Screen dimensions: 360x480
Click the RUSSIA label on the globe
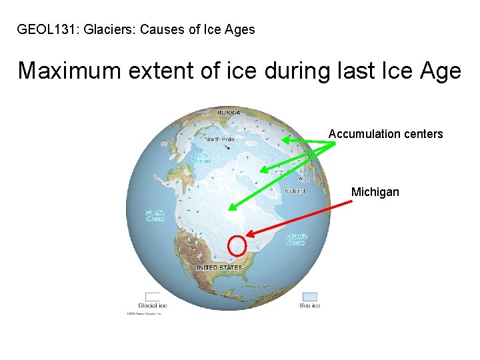coord(229,113)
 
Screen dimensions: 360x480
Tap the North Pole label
coord(219,139)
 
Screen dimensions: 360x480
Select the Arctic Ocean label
coord(201,157)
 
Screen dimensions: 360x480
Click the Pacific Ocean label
coord(155,215)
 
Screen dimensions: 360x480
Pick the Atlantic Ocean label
coord(295,239)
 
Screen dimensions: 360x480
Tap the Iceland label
coord(294,191)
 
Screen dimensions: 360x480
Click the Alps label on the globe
coord(305,179)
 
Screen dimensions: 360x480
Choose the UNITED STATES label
coord(217,268)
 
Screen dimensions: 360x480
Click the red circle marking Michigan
coord(237,245)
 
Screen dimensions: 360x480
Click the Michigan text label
coord(375,192)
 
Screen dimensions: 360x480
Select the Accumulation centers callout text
coord(385,134)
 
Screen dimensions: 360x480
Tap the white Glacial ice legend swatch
coord(153,297)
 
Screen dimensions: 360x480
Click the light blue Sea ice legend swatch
coord(309,297)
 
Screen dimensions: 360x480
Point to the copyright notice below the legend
coord(145,313)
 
